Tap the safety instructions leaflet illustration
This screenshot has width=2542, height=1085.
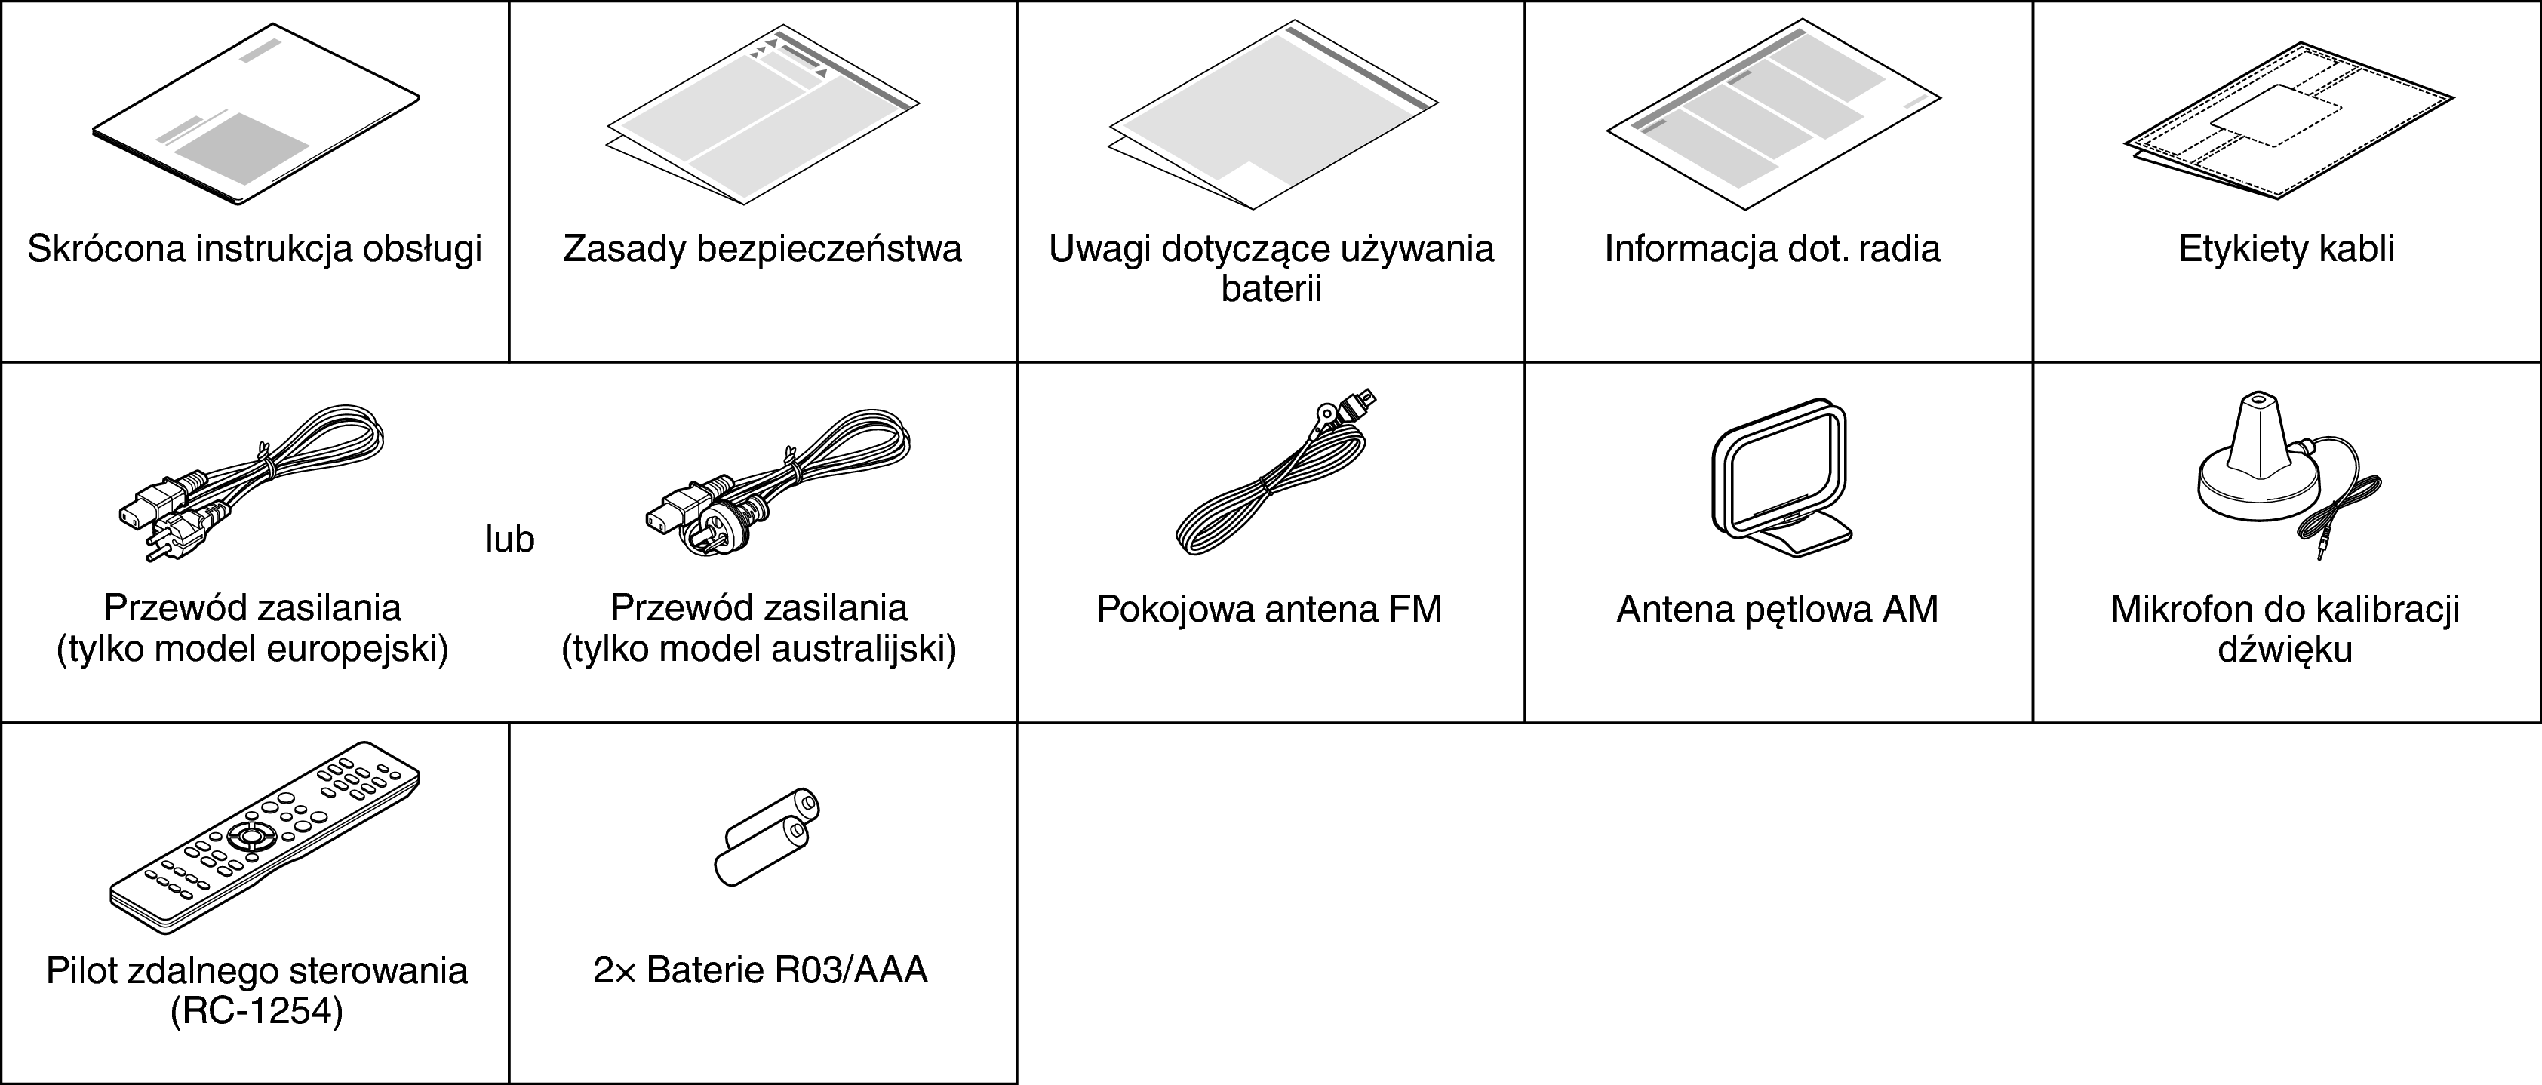(x=763, y=118)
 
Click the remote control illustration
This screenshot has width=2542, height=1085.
(x=265, y=844)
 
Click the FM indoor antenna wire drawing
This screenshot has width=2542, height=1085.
(x=1273, y=473)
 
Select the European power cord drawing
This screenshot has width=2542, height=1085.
(x=251, y=484)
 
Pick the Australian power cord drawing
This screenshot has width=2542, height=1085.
(x=779, y=484)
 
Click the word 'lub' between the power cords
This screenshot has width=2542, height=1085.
(x=509, y=539)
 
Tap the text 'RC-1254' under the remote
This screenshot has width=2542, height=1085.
(x=257, y=1012)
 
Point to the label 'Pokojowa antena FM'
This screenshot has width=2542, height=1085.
(x=1269, y=610)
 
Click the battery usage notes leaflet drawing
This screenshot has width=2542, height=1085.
(x=1273, y=115)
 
